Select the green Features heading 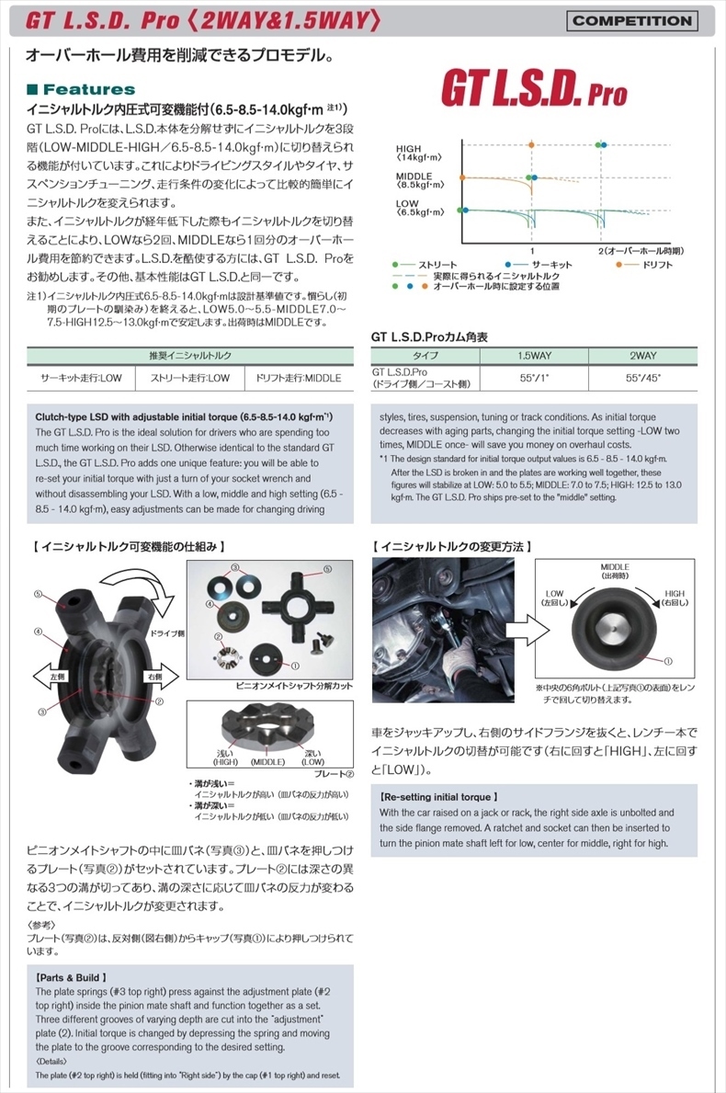[82, 89]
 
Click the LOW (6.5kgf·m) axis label [417, 208]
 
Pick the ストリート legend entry [431, 265]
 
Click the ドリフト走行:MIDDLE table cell [299, 377]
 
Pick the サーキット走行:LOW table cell [81, 377]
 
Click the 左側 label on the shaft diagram [57, 676]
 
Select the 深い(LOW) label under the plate [312, 757]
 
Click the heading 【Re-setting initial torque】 [439, 797]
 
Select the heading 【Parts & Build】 [73, 977]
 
